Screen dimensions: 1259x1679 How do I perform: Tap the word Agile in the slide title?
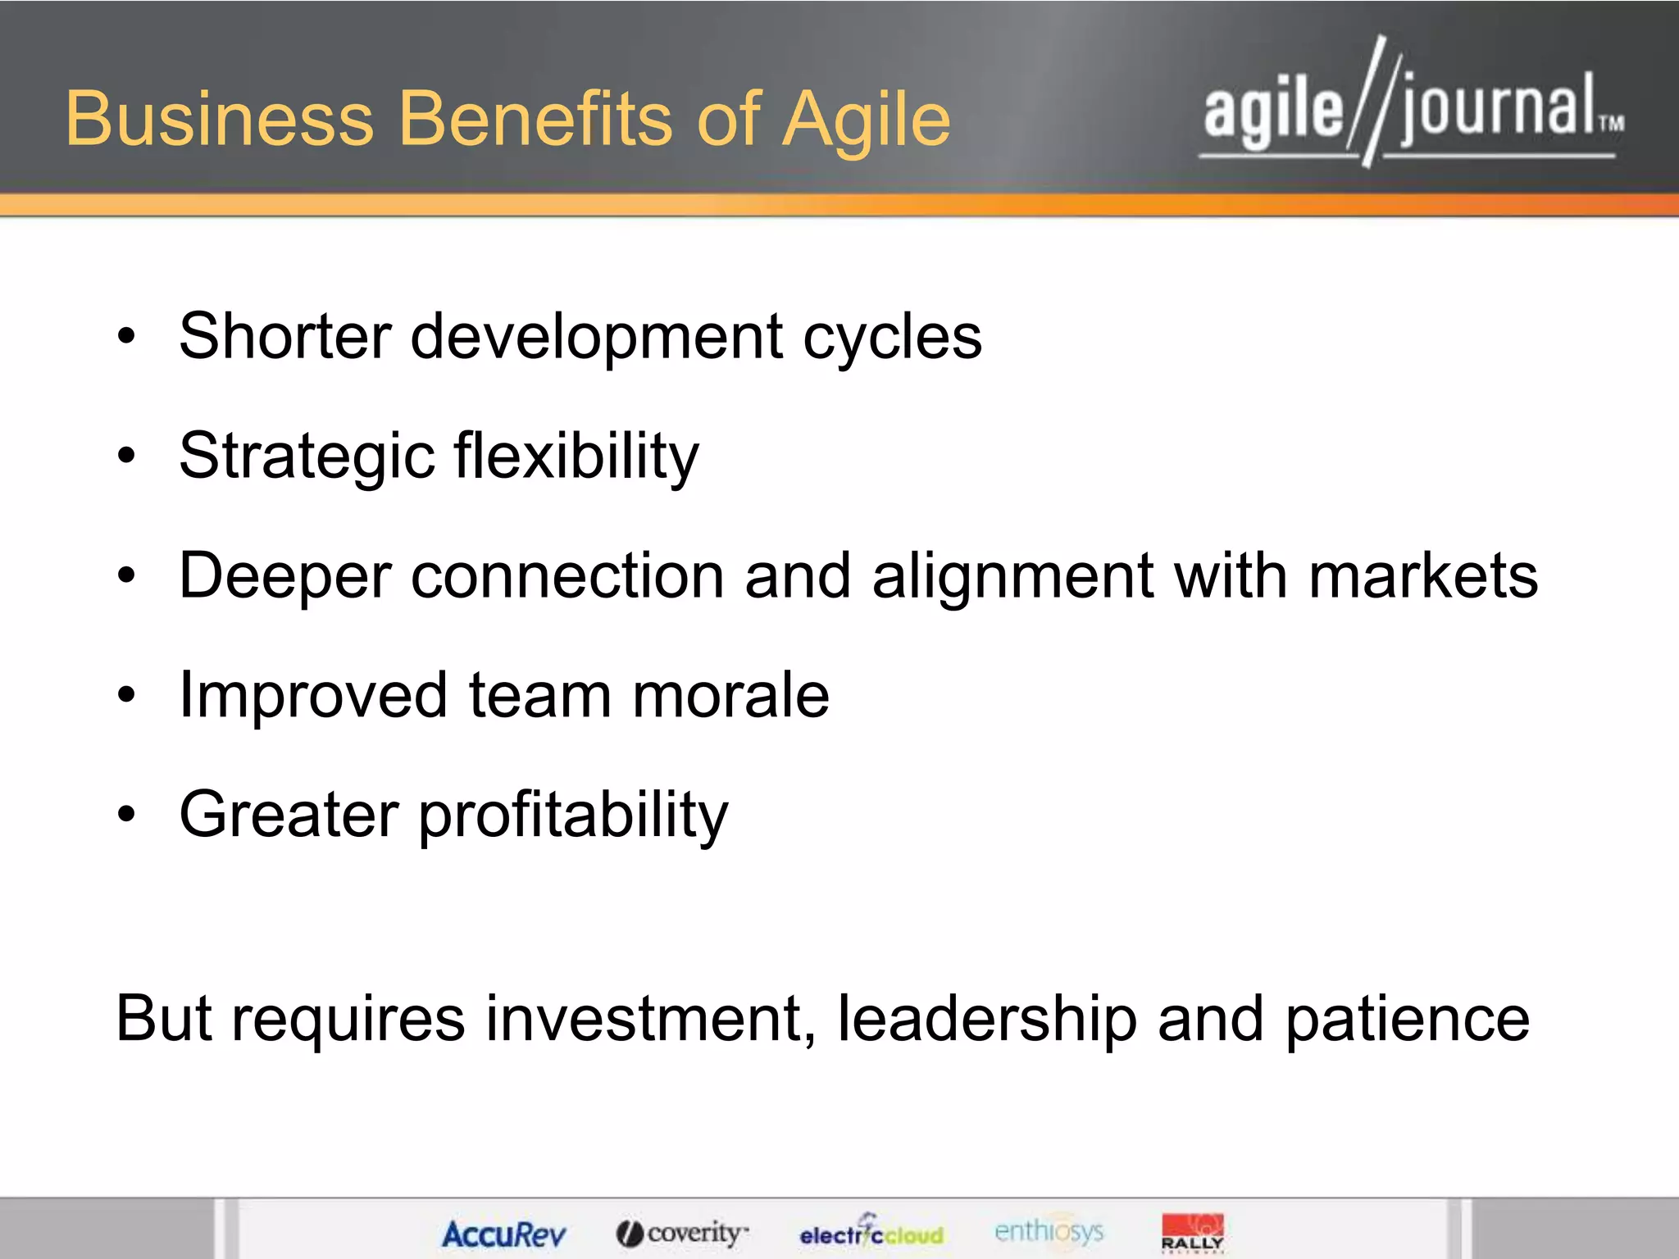tap(866, 121)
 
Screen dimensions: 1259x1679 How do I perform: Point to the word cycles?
tap(892, 338)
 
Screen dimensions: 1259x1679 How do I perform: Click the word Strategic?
tap(307, 457)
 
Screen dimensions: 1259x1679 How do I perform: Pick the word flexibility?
tap(576, 456)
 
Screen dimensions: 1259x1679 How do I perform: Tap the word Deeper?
tap(284, 577)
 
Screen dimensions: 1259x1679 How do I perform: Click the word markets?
tap(1423, 575)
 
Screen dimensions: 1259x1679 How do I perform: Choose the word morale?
tap(730, 695)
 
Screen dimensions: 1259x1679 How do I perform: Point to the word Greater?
tap(289, 815)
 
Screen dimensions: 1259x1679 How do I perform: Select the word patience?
tap(1407, 1020)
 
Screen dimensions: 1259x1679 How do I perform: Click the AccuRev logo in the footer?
tap(503, 1234)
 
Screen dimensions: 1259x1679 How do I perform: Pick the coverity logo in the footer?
tap(683, 1233)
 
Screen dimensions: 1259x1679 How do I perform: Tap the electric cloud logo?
tap(871, 1233)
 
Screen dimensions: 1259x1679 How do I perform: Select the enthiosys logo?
tap(1049, 1231)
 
